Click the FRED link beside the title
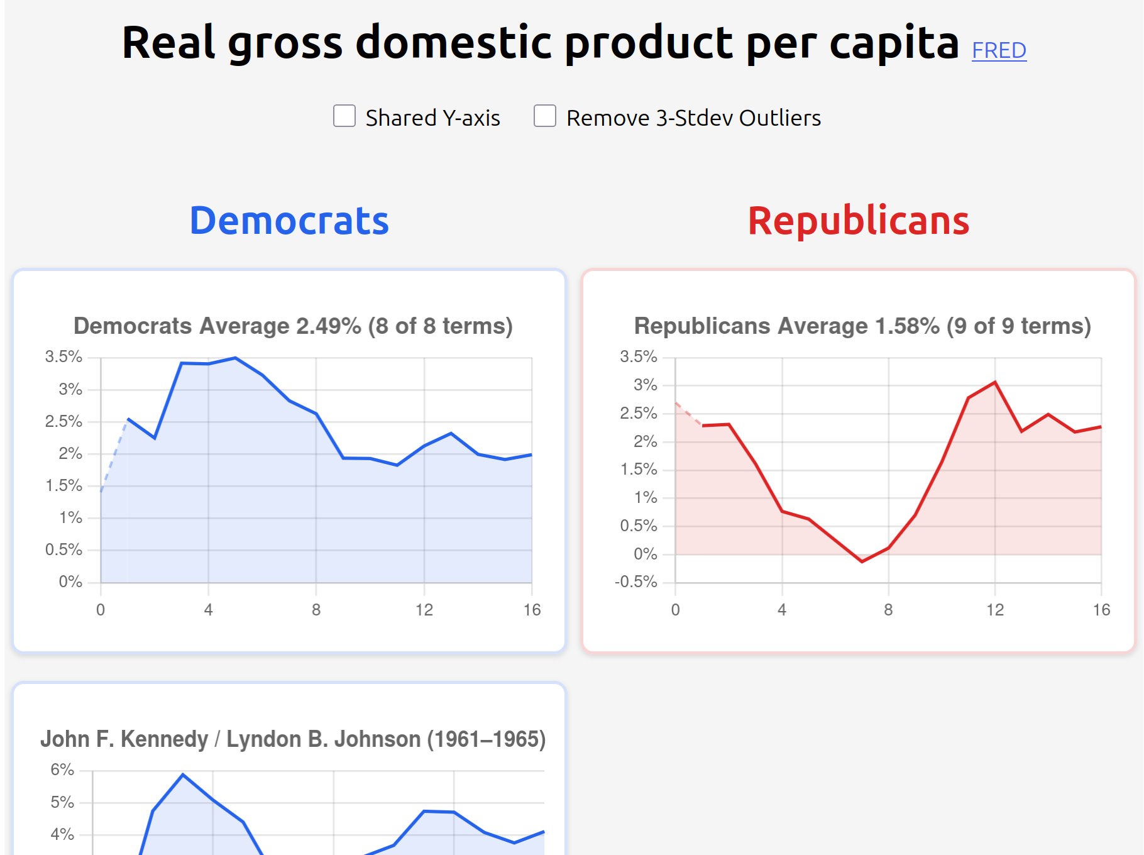(x=999, y=50)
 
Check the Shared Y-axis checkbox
(x=344, y=116)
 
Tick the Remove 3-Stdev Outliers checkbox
(x=545, y=116)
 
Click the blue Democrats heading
(x=289, y=221)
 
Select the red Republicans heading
(x=858, y=221)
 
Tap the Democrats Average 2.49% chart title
(x=293, y=326)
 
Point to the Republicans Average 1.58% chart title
(x=862, y=326)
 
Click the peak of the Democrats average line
(x=235, y=358)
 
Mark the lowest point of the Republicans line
(x=862, y=561)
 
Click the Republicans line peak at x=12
(x=995, y=382)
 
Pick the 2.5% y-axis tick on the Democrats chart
(x=63, y=421)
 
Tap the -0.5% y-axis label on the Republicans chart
(x=636, y=582)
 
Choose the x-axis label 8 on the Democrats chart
(x=316, y=610)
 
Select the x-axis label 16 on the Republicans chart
(x=1101, y=610)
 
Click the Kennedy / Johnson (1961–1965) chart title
(x=293, y=739)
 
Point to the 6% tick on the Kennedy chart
(x=62, y=770)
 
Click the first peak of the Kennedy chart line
(x=183, y=775)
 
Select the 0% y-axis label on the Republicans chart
(x=645, y=554)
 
